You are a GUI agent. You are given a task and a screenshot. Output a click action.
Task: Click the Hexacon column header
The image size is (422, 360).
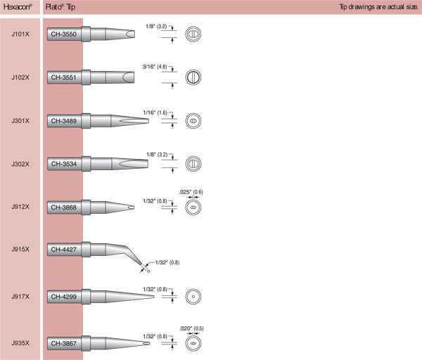pyautogui.click(x=18, y=7)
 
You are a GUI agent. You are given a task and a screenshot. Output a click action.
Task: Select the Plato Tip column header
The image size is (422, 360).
pyautogui.click(x=60, y=7)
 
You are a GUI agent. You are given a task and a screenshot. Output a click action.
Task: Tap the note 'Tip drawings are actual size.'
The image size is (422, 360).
pyautogui.click(x=378, y=7)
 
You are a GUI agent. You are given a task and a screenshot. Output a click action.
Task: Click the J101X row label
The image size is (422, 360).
pyautogui.click(x=20, y=34)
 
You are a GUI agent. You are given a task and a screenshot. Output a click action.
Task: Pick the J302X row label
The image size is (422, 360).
pyautogui.click(x=20, y=164)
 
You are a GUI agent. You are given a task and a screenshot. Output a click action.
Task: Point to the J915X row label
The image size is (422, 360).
pyautogui.click(x=20, y=249)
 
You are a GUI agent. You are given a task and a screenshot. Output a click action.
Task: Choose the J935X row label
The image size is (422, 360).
pyautogui.click(x=20, y=343)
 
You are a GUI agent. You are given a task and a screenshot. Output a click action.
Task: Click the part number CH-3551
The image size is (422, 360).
pyautogui.click(x=64, y=77)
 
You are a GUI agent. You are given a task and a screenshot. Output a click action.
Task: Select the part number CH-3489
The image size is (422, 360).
pyautogui.click(x=64, y=121)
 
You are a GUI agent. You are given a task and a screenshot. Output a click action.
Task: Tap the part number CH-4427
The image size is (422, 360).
pyautogui.click(x=64, y=250)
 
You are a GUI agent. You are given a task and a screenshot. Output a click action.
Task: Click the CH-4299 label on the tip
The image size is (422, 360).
pyautogui.click(x=64, y=297)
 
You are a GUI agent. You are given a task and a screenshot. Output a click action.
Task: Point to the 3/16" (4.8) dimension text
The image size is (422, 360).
pyautogui.click(x=155, y=67)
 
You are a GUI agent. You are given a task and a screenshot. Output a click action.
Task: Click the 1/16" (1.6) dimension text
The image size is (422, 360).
pyautogui.click(x=155, y=112)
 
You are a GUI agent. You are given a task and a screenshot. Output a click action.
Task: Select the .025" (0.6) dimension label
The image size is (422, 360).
pyautogui.click(x=191, y=192)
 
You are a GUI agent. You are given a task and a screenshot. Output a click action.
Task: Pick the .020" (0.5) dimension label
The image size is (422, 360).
pyautogui.click(x=191, y=328)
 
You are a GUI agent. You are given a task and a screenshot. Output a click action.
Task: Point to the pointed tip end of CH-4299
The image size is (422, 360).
pyautogui.click(x=153, y=297)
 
